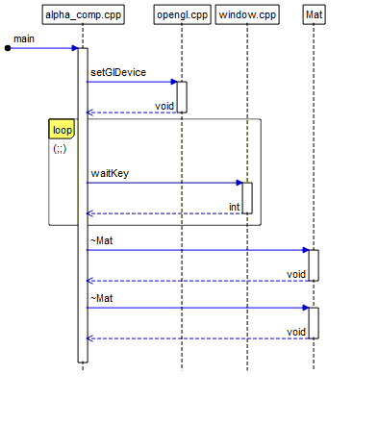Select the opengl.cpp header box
point(181,14)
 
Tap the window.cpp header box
point(247,14)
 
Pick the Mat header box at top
point(314,14)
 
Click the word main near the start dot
point(24,38)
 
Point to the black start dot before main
point(8,47)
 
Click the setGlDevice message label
point(113,73)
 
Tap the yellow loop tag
point(63,130)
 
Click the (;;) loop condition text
point(60,149)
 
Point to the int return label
point(234,207)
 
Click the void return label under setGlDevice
point(164,106)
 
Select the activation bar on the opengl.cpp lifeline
point(181,97)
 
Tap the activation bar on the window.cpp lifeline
point(247,198)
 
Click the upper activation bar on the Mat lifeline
point(314,265)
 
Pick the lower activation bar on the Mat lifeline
point(314,323)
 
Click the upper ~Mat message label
point(102,241)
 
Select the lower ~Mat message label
point(102,299)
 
